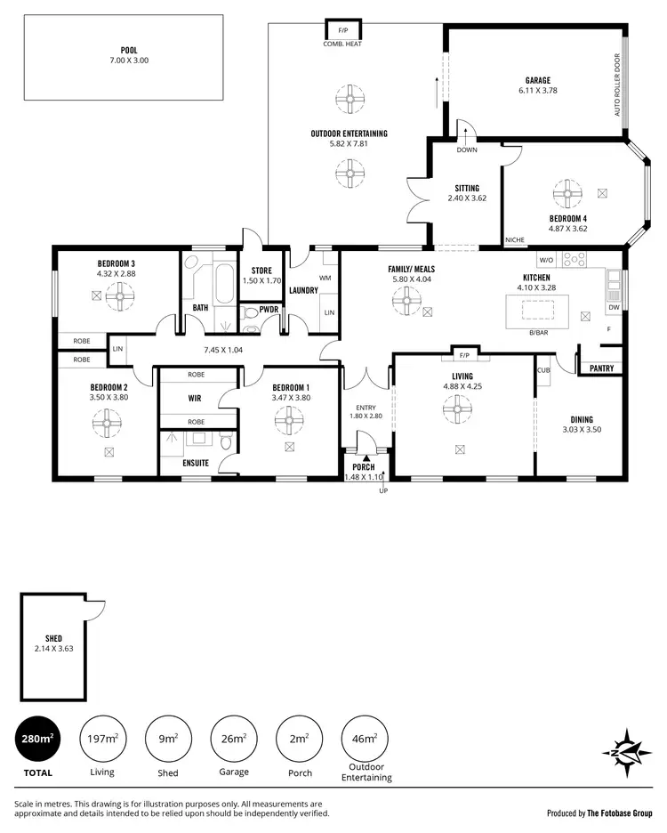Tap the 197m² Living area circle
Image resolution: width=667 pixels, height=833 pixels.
click(102, 738)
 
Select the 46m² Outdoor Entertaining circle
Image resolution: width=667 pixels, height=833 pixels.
click(366, 738)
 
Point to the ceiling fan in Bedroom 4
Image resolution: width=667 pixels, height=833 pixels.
click(565, 192)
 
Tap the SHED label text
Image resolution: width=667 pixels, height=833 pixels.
click(53, 639)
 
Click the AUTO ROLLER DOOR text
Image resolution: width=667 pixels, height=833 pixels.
click(615, 85)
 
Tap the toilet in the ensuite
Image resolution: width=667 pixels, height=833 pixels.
click(226, 442)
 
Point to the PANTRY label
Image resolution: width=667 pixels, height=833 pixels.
click(601, 368)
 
